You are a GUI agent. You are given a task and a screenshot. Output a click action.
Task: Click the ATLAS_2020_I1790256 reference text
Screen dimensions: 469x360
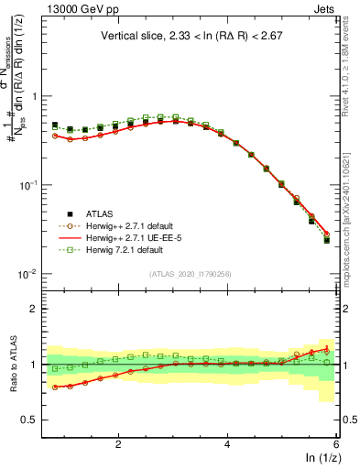point(191,273)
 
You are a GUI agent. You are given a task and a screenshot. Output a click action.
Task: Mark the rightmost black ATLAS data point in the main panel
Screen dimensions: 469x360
point(327,240)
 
